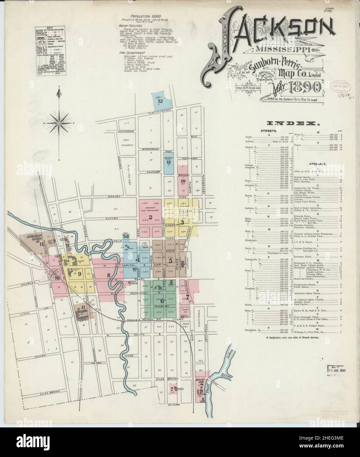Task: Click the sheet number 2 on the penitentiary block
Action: click(x=150, y=217)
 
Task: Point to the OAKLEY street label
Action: click(x=113, y=197)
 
